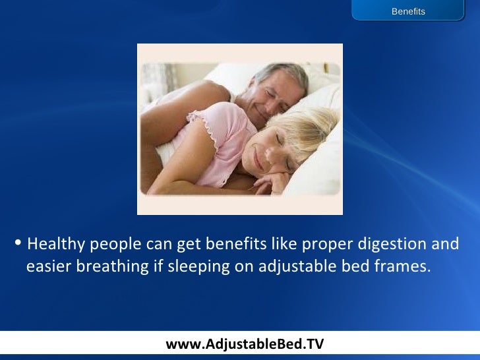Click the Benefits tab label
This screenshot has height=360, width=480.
[x=408, y=11]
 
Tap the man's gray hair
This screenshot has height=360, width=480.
[x=284, y=73]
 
